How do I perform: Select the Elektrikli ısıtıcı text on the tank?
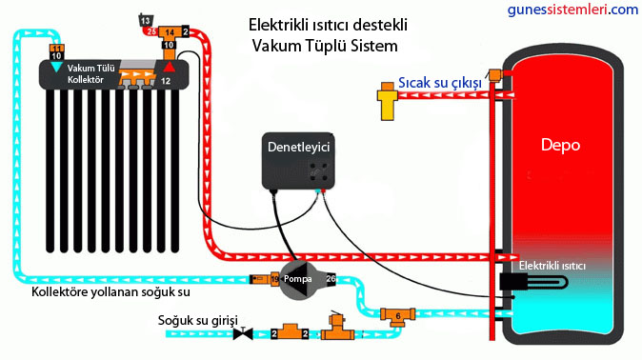[x=552, y=264]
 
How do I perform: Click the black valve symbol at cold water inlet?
[x=244, y=333]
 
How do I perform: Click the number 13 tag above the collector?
[x=145, y=20]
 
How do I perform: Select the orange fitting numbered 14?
[x=171, y=31]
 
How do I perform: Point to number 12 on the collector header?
[x=166, y=82]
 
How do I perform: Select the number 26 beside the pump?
[x=331, y=278]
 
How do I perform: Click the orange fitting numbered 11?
[x=56, y=48]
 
